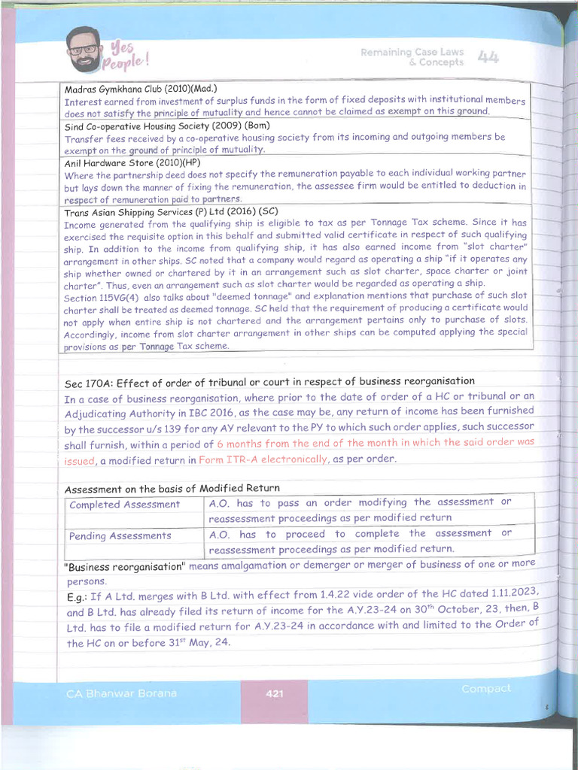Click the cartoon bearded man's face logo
[x=84, y=50]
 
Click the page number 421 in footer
[x=275, y=693]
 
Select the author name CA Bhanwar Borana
[x=120, y=693]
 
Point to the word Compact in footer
[x=485, y=689]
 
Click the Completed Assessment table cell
[x=125, y=505]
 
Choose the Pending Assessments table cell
[x=120, y=536]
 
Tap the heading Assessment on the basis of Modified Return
[x=172, y=489]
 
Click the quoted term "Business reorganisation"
[x=125, y=565]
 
